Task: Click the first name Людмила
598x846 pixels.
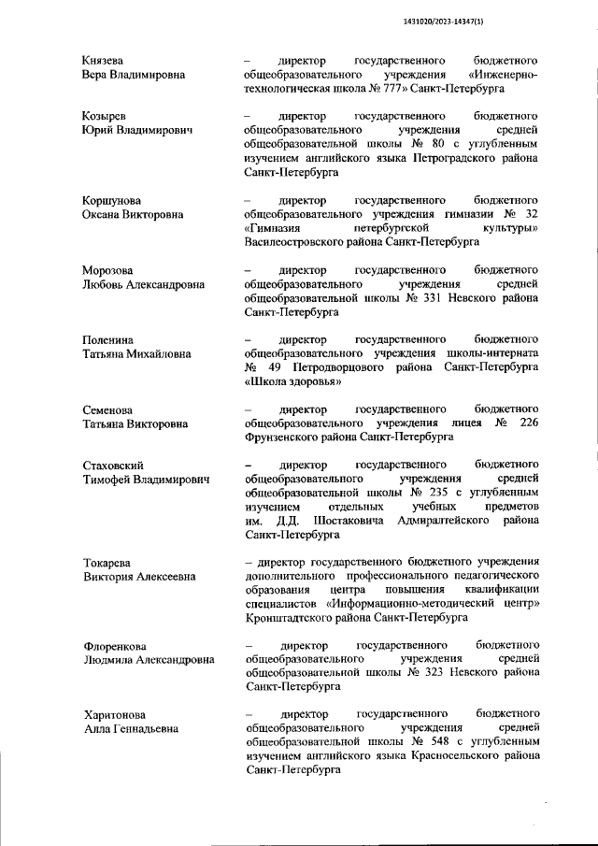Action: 112,659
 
